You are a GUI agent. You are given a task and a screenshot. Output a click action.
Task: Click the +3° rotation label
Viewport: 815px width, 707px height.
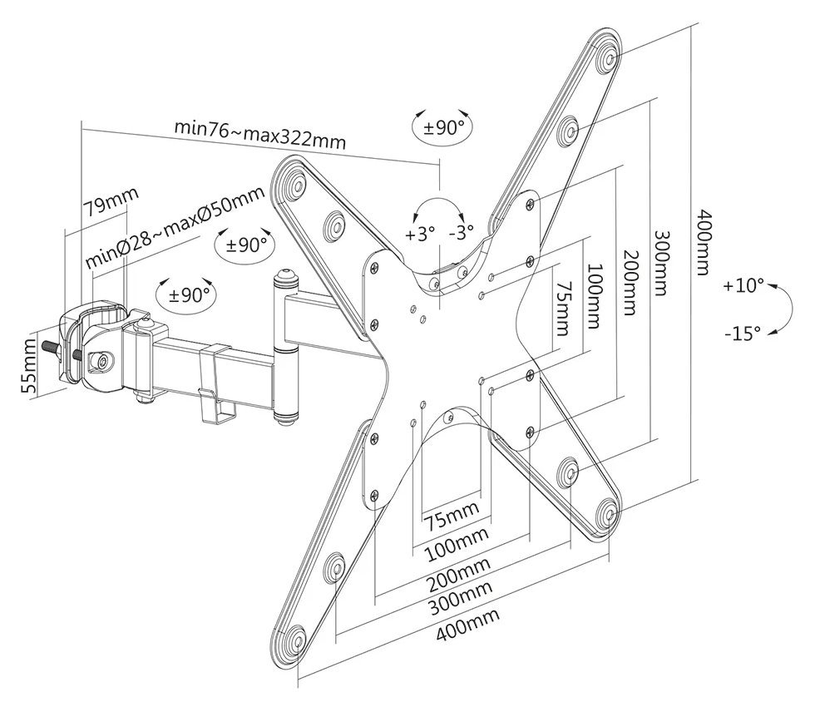click(x=420, y=234)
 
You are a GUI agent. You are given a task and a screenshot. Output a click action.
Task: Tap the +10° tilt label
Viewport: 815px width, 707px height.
click(x=743, y=286)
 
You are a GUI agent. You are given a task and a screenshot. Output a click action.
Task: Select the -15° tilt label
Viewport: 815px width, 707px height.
click(x=742, y=334)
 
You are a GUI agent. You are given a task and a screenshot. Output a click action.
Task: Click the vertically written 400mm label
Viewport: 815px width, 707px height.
click(x=704, y=242)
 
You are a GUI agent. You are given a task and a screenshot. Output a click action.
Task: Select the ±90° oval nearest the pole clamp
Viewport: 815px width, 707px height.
click(x=185, y=294)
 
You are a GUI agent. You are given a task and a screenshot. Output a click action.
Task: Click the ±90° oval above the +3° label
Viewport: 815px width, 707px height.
click(x=441, y=127)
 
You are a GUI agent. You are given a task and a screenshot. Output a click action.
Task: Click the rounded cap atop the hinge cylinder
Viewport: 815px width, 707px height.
click(x=285, y=274)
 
